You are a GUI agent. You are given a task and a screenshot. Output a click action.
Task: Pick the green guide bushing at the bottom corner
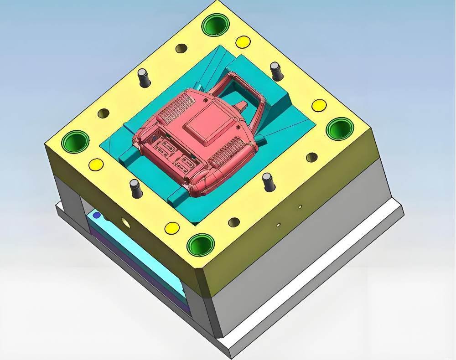pyautogui.click(x=201, y=245)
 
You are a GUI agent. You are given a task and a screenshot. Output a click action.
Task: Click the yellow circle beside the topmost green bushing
pyautogui.click(x=243, y=42)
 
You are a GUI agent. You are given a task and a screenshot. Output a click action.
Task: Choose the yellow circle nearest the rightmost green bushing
pyautogui.click(x=319, y=105)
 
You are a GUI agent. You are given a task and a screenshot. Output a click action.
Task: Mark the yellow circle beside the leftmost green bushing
pyautogui.click(x=96, y=164)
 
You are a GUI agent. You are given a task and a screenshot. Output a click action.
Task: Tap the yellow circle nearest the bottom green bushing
pyautogui.click(x=172, y=227)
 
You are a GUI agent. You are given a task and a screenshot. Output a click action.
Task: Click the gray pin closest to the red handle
pyautogui.click(x=276, y=71)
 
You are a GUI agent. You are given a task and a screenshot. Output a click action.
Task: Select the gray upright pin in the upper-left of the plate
pyautogui.click(x=144, y=77)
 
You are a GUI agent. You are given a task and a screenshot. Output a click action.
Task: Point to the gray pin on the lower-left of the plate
pyautogui.click(x=135, y=188)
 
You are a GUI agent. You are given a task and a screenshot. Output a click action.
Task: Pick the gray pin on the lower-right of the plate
pyautogui.click(x=268, y=181)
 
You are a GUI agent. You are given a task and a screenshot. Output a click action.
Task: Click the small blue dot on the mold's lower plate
pyautogui.click(x=96, y=214)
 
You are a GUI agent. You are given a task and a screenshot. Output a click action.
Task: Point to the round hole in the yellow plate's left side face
pyautogui.click(x=124, y=222)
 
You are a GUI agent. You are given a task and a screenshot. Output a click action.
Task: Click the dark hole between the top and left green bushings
pyautogui.click(x=104, y=113)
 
